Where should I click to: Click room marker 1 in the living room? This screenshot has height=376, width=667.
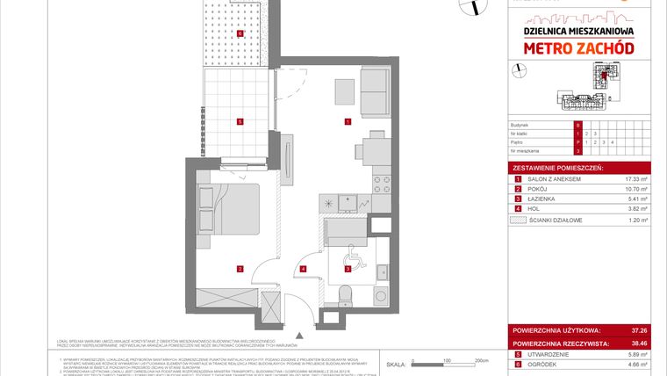(348, 121)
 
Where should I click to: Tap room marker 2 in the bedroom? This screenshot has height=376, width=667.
(239, 268)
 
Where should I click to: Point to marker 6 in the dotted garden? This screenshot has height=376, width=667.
(240, 35)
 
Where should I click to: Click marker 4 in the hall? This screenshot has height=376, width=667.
(304, 268)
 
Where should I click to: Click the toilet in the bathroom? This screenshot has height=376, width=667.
(347, 294)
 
